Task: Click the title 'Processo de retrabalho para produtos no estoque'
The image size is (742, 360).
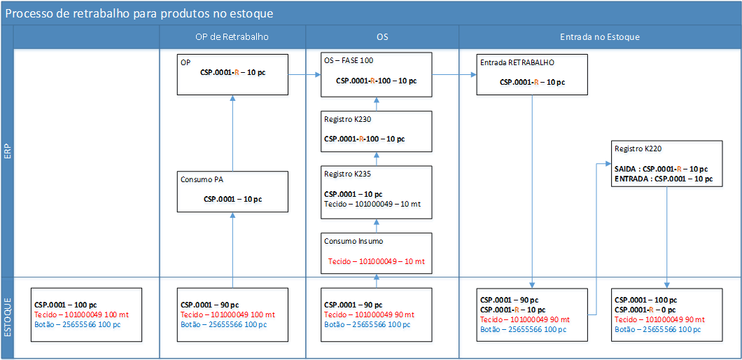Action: [139, 14]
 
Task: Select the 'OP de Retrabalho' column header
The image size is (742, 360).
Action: [232, 37]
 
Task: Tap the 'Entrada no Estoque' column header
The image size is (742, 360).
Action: [600, 37]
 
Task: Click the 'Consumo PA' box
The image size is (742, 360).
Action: [233, 191]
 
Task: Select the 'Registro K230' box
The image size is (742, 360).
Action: [376, 131]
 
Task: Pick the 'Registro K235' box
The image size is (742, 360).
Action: [376, 193]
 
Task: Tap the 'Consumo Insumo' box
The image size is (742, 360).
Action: [376, 253]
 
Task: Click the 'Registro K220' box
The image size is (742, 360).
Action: [667, 164]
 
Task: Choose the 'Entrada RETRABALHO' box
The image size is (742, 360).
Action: [533, 74]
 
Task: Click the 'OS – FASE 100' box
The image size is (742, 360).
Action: [376, 74]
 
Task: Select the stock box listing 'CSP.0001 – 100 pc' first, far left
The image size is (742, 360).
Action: [86, 314]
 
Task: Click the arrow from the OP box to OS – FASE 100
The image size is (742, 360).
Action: [304, 74]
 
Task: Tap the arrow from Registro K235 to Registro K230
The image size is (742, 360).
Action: [376, 159]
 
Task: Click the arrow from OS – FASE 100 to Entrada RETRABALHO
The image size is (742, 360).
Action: [454, 74]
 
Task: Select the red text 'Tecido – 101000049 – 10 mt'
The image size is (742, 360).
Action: [376, 261]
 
